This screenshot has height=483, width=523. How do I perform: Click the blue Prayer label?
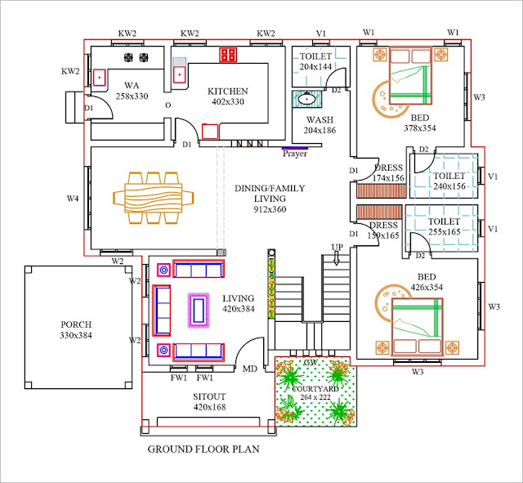(295, 153)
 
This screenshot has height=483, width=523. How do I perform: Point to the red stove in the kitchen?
(228, 55)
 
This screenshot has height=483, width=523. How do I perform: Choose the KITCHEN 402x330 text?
(227, 96)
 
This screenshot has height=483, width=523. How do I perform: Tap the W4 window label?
(73, 198)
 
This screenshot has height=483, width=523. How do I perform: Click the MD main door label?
(249, 369)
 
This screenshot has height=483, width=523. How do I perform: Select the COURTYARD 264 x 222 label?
(314, 393)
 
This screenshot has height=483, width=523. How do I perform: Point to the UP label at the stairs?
(337, 247)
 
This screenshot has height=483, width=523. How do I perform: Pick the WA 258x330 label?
(131, 90)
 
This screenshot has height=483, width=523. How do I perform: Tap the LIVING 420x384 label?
(238, 303)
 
